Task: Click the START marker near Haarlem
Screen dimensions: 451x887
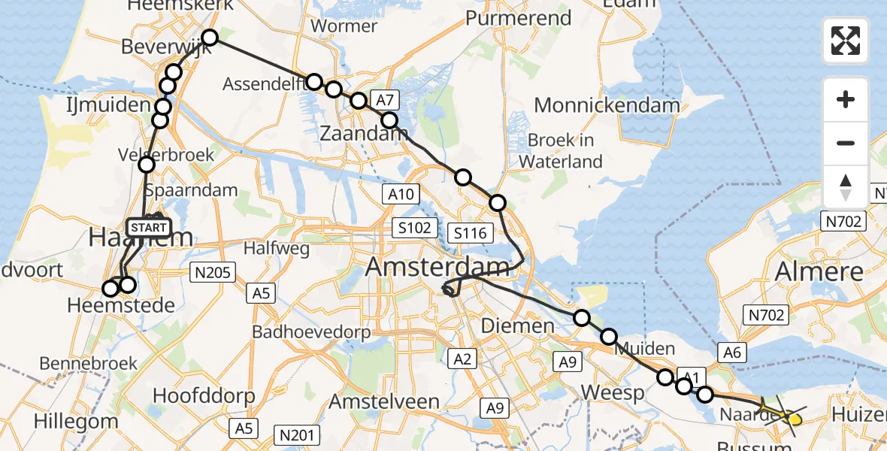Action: coord(149,227)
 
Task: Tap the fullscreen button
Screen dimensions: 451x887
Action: coord(846,41)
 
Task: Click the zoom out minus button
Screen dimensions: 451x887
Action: coord(846,143)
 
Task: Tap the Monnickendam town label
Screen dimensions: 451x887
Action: coord(607,105)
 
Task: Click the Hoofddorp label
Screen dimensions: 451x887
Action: coord(204,395)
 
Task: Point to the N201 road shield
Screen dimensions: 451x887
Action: coord(298,434)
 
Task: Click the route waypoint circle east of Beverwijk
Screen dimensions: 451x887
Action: coord(209,38)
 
